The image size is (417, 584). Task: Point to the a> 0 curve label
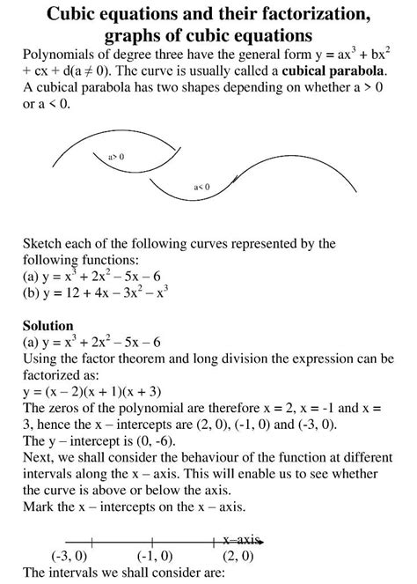click(115, 156)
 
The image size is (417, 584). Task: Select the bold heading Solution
click(48, 325)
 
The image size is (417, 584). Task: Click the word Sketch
click(44, 243)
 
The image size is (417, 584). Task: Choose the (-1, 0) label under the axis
click(155, 556)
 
